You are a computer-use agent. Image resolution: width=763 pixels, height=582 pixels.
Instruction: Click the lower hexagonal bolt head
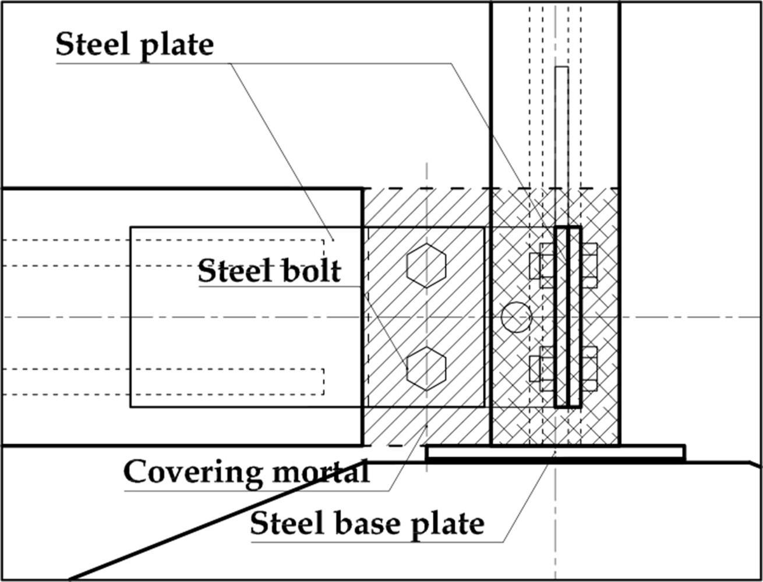point(426,369)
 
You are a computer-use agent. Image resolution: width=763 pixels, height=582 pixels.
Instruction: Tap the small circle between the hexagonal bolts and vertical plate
point(517,317)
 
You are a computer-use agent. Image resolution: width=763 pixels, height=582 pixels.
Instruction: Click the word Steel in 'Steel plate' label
point(93,44)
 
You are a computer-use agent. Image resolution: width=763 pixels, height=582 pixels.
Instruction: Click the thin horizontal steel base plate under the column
point(555,452)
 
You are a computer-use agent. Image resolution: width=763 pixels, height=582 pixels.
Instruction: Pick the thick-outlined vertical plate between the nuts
point(567,317)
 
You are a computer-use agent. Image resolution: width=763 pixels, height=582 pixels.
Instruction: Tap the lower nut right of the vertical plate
point(589,368)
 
